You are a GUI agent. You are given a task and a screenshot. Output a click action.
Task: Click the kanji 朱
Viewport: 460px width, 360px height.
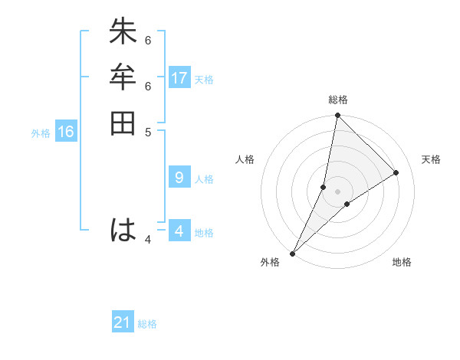[123, 33]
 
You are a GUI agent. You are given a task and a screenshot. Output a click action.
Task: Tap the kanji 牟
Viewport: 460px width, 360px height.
[123, 77]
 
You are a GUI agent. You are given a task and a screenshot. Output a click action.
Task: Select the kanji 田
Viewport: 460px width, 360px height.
[123, 123]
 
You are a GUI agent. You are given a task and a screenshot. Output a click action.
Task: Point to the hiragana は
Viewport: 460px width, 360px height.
[123, 231]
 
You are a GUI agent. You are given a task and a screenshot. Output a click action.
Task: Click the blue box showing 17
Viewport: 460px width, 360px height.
[179, 77]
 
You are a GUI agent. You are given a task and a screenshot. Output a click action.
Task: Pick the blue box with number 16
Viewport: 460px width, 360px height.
[66, 132]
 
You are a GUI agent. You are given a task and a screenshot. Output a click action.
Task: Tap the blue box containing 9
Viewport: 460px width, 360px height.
[179, 178]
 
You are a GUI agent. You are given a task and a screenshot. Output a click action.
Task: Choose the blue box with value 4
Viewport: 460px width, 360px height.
[179, 231]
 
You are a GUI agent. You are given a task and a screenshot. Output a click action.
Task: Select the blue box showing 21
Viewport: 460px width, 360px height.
[123, 322]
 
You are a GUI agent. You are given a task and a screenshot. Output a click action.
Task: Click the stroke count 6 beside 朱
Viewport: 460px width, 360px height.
[148, 40]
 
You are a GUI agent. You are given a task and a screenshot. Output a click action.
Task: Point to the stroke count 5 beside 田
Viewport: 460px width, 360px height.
[148, 131]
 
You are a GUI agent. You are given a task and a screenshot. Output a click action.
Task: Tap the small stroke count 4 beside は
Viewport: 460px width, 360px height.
[148, 240]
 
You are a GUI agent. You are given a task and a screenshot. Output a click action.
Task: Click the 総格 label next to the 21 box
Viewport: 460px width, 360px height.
[147, 324]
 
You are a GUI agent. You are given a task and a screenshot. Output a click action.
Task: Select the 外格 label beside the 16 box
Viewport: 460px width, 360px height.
[41, 133]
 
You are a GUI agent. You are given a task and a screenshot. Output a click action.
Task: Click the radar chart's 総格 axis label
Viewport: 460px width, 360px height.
[337, 100]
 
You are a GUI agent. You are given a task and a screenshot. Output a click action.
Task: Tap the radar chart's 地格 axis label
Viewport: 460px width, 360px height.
[402, 263]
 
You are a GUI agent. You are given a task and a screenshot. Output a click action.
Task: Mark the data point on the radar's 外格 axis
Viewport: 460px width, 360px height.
[292, 253]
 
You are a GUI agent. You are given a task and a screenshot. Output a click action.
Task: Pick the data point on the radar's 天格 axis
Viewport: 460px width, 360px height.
[396, 172]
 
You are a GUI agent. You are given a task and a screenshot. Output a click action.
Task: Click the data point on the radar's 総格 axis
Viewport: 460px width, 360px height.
[337, 116]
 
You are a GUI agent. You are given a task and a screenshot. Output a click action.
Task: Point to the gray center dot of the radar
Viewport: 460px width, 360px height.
[337, 191]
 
